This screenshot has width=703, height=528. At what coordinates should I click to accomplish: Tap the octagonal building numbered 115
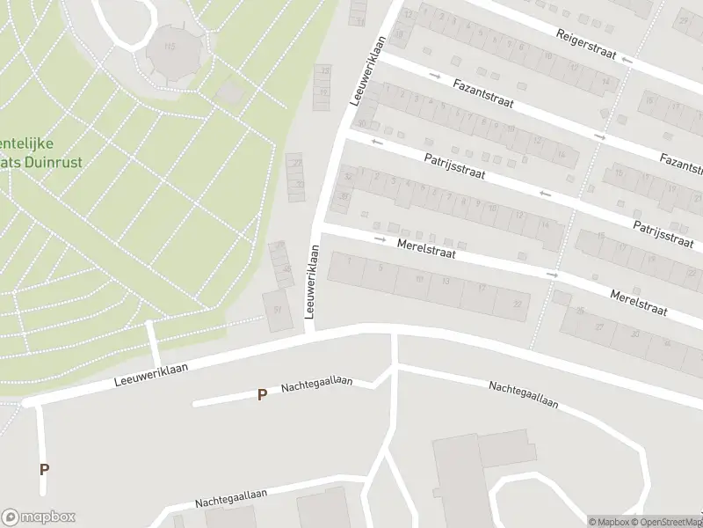point(170,50)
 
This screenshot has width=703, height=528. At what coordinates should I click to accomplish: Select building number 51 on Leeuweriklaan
point(278,311)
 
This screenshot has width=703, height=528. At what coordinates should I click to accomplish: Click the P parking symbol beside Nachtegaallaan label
point(261,395)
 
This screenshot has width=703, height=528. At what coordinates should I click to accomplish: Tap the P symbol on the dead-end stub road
point(44,469)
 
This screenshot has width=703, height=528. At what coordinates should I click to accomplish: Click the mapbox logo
point(39,517)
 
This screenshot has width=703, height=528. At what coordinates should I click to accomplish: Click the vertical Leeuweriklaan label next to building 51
point(310,282)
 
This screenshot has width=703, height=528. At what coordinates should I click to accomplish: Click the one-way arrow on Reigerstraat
point(627,60)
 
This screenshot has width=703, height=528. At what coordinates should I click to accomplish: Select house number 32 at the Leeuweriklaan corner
point(349,177)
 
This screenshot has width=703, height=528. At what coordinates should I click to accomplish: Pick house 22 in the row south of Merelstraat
point(518,304)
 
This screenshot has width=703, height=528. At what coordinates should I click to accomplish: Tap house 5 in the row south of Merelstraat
point(380,267)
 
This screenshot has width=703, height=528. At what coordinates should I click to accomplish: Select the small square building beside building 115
point(229,92)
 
